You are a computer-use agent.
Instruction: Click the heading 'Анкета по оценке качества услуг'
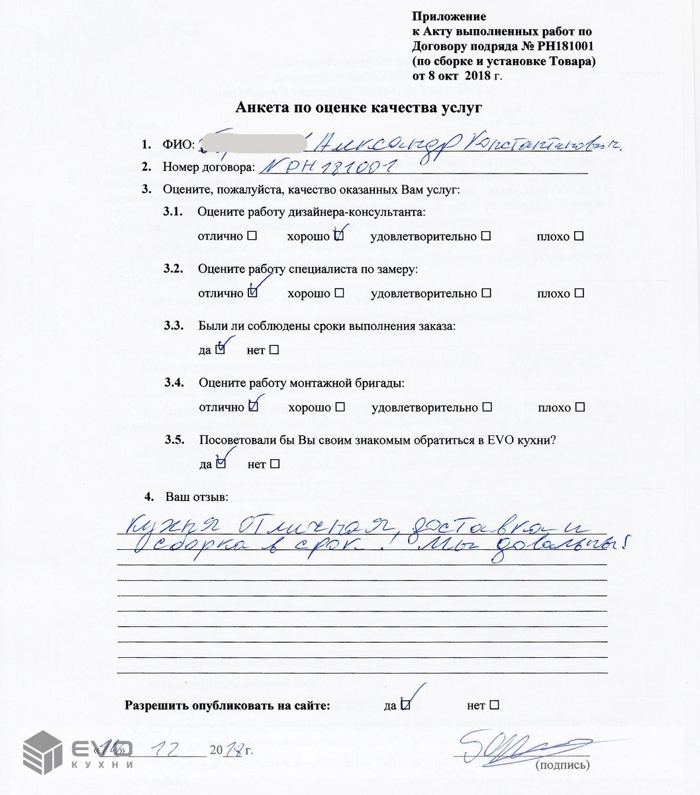pos(359,108)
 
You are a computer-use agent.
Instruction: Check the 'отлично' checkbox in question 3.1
pos(252,237)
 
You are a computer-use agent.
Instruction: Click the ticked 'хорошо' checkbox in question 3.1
pos(338,237)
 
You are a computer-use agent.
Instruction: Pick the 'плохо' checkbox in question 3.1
pos(579,237)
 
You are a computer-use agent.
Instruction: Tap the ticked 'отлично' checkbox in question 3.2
pos(252,293)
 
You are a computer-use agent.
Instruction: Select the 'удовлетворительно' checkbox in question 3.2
pos(487,293)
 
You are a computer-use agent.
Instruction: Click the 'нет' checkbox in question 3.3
pos(274,350)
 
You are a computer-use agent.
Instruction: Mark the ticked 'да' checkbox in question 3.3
pos(221,350)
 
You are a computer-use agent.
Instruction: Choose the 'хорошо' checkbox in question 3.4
pos(340,407)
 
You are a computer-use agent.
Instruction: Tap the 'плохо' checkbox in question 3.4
pos(580,407)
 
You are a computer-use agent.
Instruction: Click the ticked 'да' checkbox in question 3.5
pos(221,464)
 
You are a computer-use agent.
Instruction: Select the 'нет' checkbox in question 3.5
pos(275,464)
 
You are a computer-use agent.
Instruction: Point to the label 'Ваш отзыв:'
pos(195,497)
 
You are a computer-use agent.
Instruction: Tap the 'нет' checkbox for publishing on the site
pos(494,706)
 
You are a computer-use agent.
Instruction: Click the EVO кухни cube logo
pos(43,753)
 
